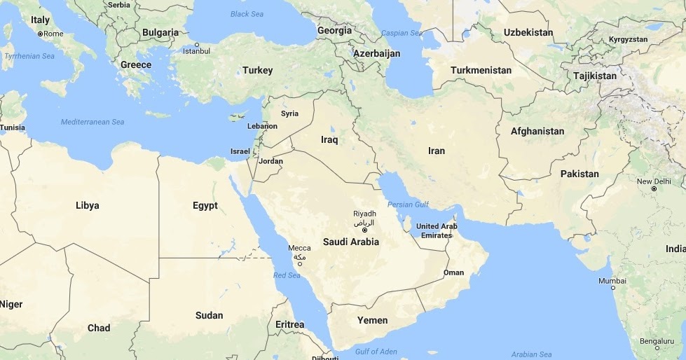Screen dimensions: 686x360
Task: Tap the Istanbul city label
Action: click(195, 50)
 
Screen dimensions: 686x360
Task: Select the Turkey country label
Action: click(257, 70)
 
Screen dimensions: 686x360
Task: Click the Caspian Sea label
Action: click(402, 33)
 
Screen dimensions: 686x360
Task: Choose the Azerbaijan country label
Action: click(376, 53)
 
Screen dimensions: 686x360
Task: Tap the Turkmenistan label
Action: click(481, 70)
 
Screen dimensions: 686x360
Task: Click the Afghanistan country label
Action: click(537, 131)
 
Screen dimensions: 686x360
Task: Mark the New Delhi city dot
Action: click(653, 189)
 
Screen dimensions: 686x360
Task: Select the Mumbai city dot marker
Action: click(612, 287)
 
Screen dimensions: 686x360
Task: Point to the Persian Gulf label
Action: click(408, 205)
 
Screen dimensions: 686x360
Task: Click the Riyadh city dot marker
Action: click(364, 230)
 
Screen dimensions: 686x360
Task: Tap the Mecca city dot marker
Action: click(299, 264)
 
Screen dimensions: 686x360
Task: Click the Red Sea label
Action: click(287, 275)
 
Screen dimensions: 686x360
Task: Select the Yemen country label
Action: click(372, 320)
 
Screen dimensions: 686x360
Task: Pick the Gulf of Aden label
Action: click(376, 352)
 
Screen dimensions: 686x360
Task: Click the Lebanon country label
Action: click(262, 126)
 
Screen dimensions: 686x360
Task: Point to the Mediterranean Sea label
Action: click(92, 122)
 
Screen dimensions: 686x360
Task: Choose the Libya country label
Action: click(87, 205)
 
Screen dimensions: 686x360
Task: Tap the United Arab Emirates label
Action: click(436, 230)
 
